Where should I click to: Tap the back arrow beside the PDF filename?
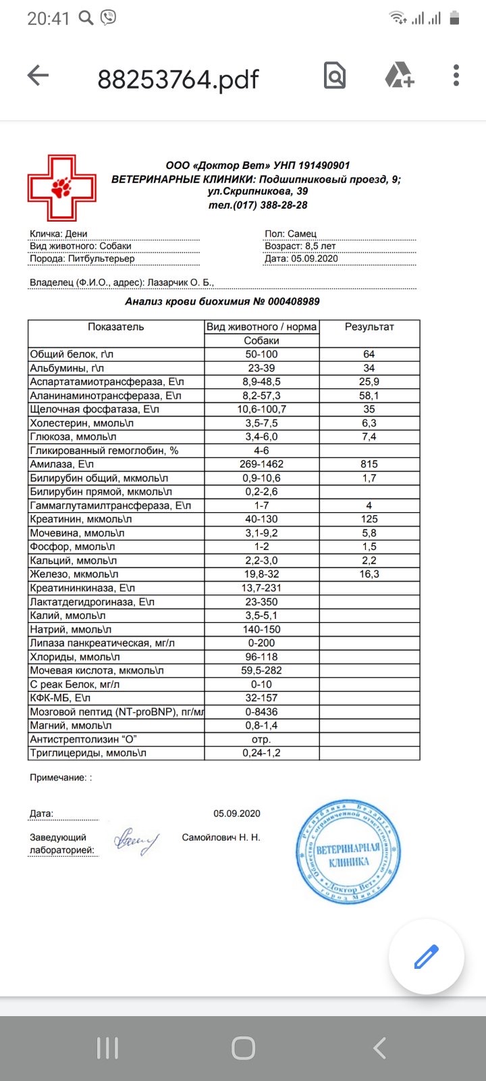38,76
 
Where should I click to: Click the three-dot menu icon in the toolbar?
456,76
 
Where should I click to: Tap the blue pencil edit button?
426,957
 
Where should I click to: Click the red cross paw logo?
61,188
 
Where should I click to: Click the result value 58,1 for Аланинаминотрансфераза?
369,396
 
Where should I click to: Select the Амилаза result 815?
369,464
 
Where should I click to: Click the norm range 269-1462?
261,464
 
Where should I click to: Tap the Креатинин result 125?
369,519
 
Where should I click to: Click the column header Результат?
369,327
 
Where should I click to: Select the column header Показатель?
115,327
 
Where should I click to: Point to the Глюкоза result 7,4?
369,437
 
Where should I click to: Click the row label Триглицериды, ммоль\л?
88,753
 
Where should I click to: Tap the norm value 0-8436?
261,711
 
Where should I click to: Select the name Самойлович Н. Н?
221,838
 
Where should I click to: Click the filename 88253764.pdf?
178,80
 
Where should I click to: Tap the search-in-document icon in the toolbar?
335,76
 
